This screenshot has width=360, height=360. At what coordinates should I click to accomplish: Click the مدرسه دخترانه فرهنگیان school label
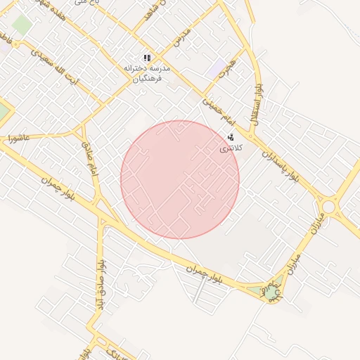(x=148, y=74)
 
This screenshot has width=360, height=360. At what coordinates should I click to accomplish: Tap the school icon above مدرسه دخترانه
(x=147, y=58)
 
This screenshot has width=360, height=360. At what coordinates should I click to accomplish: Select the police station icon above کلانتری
(x=231, y=137)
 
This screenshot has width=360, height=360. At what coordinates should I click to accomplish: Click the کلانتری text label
(x=231, y=148)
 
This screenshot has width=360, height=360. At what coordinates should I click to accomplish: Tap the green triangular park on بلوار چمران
(x=271, y=290)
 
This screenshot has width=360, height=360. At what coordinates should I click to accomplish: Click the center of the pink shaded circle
(x=180, y=179)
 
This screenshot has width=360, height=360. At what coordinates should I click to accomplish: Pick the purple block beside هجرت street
(x=214, y=70)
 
